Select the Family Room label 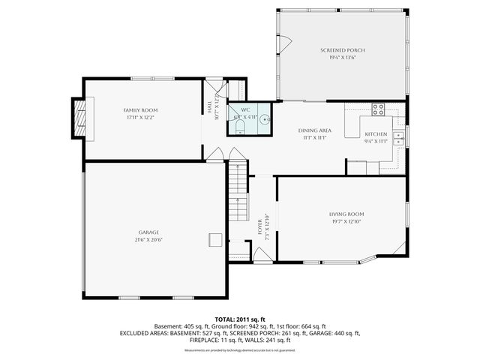[141, 110]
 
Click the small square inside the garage [214, 238]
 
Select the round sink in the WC [265, 118]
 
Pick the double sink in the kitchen [400, 137]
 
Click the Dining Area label [310, 130]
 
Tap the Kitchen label [376, 134]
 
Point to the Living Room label [346, 214]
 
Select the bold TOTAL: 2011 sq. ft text [240, 319]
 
